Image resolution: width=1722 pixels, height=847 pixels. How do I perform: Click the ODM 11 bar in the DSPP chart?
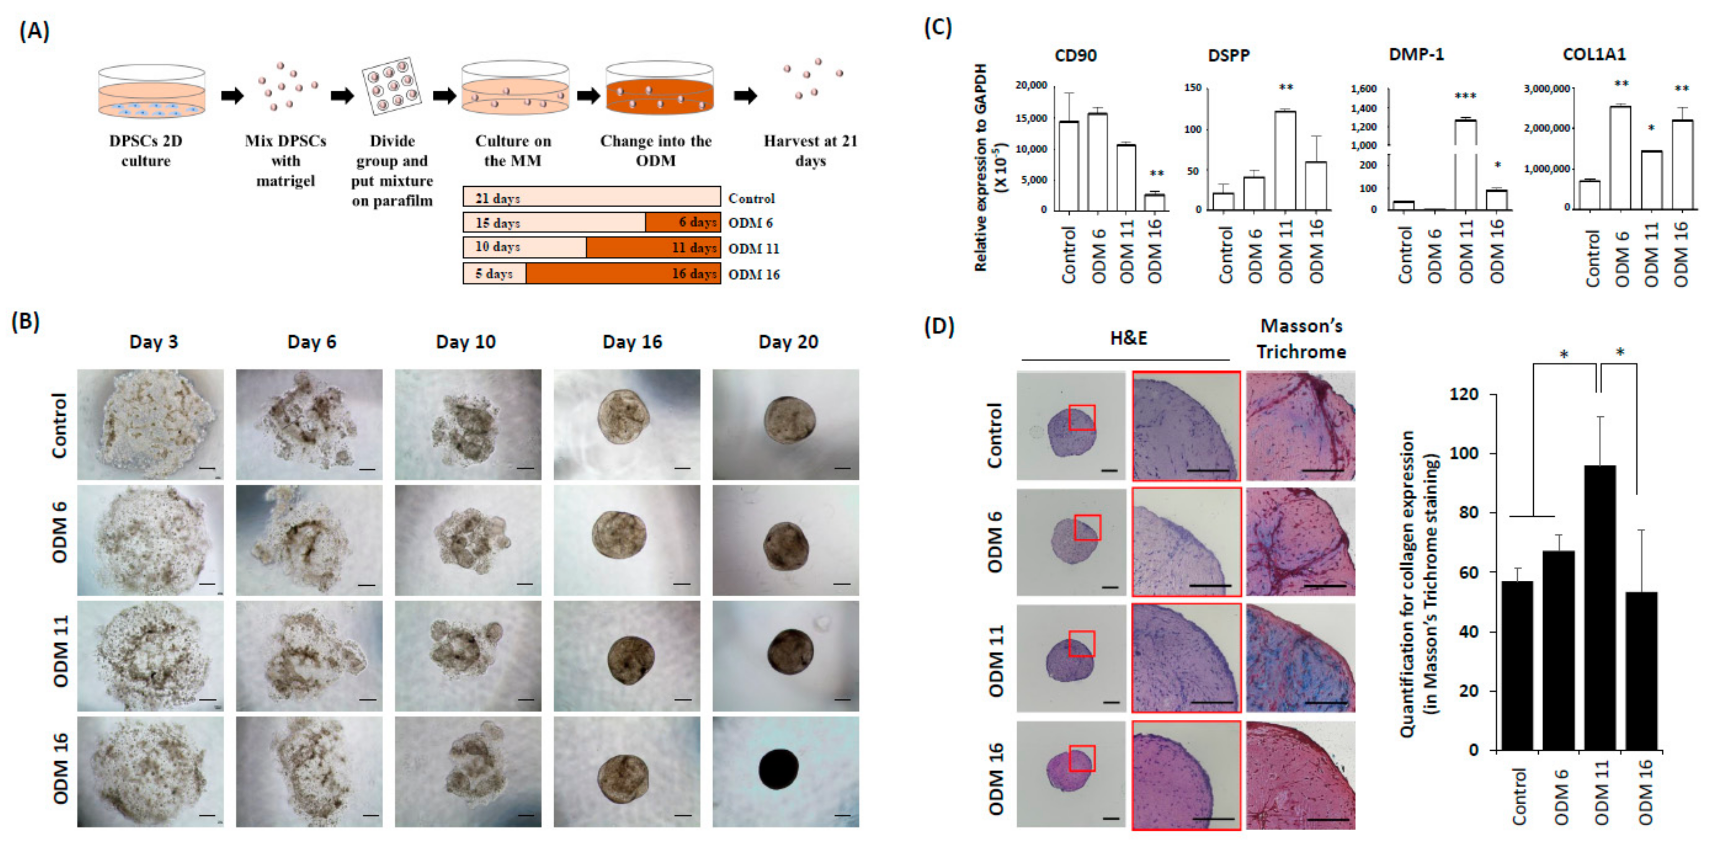[1284, 160]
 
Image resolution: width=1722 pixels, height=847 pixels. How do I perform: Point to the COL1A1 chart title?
[1594, 55]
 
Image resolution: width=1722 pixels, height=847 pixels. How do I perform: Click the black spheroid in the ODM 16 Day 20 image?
[779, 769]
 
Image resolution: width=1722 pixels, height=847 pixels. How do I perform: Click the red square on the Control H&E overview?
[1081, 417]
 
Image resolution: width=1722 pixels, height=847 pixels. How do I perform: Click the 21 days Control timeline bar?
[591, 197]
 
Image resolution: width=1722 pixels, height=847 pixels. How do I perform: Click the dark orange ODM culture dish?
[659, 93]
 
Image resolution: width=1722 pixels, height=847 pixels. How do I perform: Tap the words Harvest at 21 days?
[810, 151]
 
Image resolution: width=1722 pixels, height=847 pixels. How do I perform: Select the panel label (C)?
[937, 28]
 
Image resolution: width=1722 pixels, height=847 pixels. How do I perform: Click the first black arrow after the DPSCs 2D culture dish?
[232, 95]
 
